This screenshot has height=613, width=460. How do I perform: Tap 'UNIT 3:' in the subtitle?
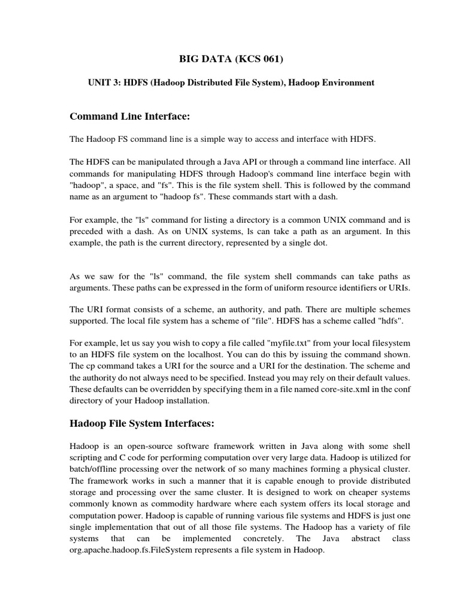click(103, 83)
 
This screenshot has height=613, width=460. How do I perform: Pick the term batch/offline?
click(95, 468)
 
